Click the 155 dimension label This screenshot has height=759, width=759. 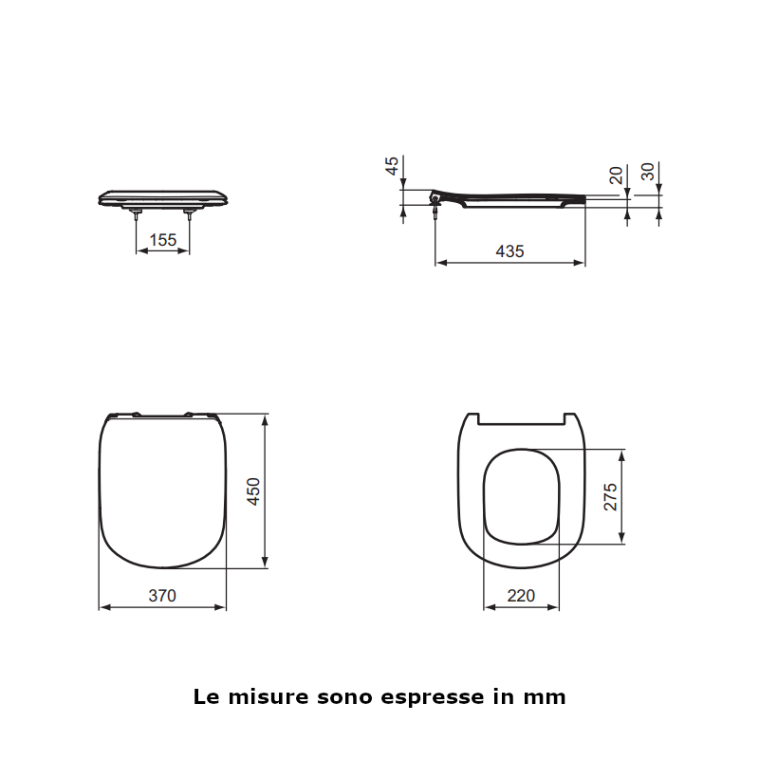point(163,240)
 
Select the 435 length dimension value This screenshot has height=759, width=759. point(509,251)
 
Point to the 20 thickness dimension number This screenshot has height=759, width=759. point(616,175)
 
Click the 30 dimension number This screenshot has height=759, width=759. point(648,172)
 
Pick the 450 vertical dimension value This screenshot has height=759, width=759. point(253,491)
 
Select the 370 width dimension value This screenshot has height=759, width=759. point(162,596)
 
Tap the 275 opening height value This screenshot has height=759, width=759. point(610,497)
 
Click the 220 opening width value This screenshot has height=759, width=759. point(521,596)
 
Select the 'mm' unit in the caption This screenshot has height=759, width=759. point(544,697)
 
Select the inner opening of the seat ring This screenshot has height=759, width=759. point(521,497)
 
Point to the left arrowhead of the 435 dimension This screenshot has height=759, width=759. point(439,263)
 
